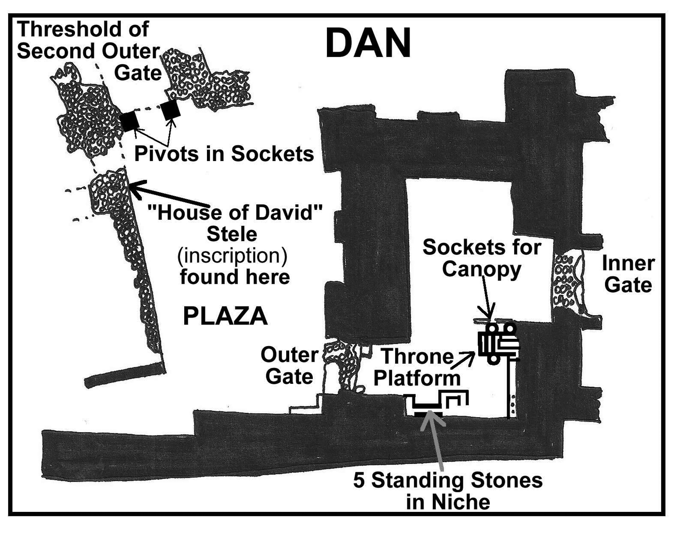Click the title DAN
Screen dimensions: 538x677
coord(368,44)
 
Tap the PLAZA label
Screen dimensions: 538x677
coord(225,317)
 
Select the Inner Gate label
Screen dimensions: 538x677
coord(628,274)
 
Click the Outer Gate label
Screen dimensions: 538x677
coord(289,365)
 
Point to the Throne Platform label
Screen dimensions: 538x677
coord(417,367)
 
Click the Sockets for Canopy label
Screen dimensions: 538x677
coord(482,258)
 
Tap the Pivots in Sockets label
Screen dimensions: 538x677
coord(224,154)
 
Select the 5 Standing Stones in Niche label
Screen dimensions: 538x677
coord(448,491)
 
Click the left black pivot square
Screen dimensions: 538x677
coord(129,121)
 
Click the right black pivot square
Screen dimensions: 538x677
coord(171,110)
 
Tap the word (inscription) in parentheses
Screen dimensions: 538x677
coord(232,256)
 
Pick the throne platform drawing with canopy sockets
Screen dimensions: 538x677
coord(499,344)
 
